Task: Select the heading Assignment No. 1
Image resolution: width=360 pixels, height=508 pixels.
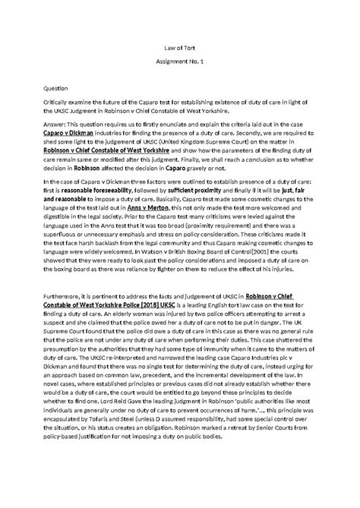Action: coord(181,69)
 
